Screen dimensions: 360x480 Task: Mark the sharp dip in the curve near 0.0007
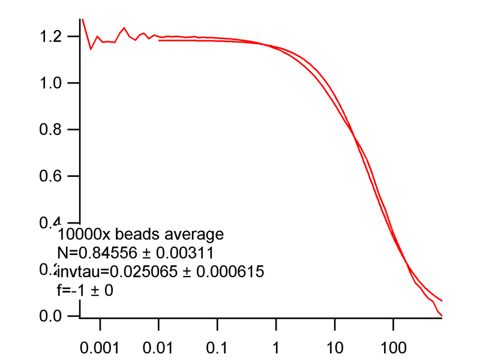point(91,49)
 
